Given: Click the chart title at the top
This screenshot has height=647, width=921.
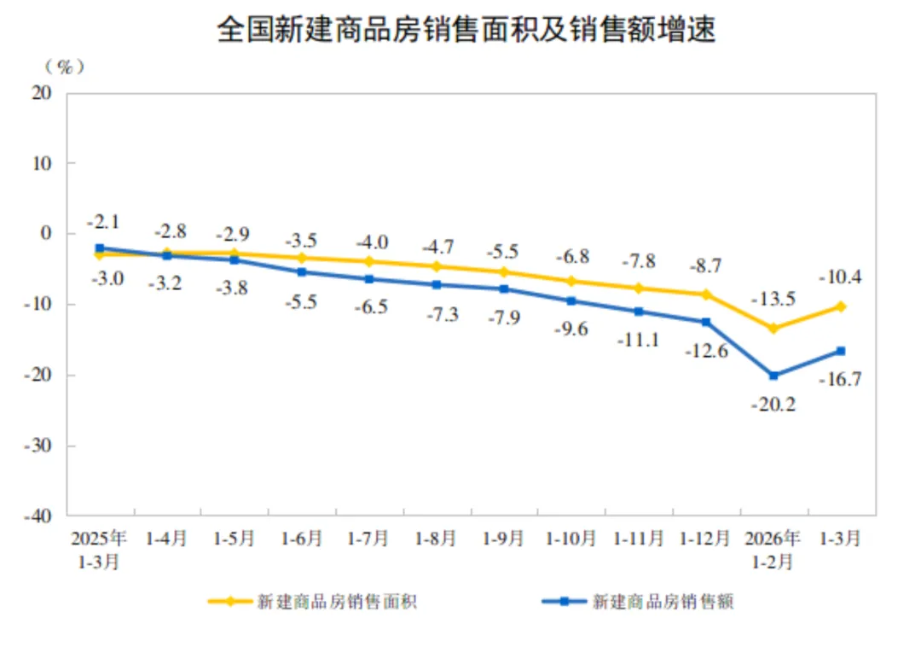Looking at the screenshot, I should (466, 31).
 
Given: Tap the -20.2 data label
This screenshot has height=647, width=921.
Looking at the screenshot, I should (773, 405).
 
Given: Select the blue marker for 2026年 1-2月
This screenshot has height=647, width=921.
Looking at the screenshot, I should (773, 376).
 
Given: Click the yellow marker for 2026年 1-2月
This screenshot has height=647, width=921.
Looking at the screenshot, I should (773, 328).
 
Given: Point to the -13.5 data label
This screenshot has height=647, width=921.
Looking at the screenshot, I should (773, 299).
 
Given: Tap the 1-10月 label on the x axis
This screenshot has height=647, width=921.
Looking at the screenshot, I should (571, 539).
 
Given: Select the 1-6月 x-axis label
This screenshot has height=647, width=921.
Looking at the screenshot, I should (302, 539).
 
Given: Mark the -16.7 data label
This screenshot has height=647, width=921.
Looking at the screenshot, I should (840, 379).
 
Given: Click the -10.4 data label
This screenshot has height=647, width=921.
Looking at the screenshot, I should (840, 277).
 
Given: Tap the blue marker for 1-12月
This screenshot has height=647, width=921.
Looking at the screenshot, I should (706, 322).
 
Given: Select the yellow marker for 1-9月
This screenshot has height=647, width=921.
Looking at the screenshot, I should (504, 272).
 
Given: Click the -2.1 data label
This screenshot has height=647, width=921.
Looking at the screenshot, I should (102, 222).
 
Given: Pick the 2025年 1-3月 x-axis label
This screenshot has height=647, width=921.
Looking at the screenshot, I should (99, 550).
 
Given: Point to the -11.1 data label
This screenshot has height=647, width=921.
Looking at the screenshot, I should (639, 340).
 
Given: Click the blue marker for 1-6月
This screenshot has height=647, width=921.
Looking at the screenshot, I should (302, 272).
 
